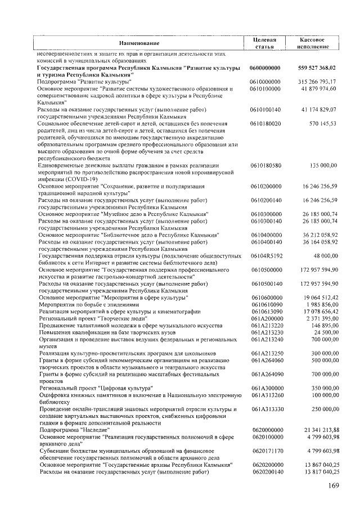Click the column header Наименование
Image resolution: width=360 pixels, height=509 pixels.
tap(139, 43)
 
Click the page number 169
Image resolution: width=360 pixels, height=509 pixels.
tap(332, 485)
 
